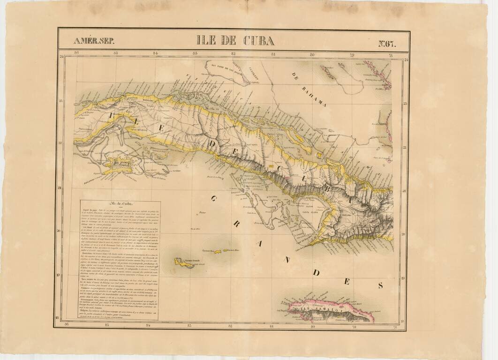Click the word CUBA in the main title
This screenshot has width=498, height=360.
tap(258, 40)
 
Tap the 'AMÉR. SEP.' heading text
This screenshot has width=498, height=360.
tap(94, 41)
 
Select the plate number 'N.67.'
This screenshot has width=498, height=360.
tap(387, 44)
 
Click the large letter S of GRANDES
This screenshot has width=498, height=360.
tap(380, 285)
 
